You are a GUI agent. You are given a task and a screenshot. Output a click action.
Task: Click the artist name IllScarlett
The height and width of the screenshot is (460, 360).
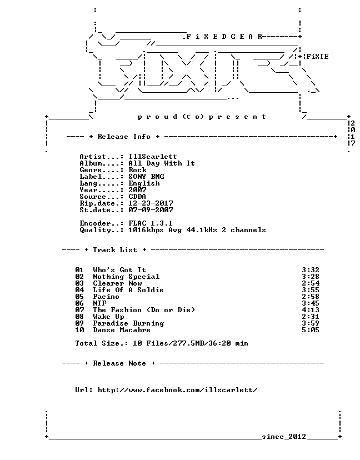[x=153, y=157]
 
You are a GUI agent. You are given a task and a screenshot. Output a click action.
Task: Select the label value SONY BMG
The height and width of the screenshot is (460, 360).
[x=146, y=177]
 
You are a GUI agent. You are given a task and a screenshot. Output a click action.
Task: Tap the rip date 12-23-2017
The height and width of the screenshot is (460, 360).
[x=151, y=203]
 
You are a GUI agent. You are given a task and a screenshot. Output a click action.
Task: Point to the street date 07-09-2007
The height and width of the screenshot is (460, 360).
[x=151, y=210]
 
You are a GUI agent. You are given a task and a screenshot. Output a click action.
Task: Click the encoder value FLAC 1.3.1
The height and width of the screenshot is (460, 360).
[x=151, y=223]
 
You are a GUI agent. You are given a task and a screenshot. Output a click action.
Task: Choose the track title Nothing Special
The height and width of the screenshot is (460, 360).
[x=126, y=277]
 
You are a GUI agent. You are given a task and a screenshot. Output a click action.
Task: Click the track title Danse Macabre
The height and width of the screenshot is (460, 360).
[x=122, y=330]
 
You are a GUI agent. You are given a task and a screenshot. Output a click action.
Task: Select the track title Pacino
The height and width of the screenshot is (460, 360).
[x=106, y=297]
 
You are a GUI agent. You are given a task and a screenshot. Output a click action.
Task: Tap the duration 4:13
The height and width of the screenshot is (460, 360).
[x=311, y=310]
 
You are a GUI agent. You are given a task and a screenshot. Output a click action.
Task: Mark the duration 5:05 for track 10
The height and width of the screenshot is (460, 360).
[x=311, y=330]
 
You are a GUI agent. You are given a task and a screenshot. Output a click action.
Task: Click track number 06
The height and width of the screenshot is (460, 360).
[x=79, y=303]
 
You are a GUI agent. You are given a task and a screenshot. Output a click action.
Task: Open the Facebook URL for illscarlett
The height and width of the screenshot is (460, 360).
[x=178, y=390]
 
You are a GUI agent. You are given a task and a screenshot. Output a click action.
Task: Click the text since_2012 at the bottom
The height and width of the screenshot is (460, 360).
[x=284, y=437]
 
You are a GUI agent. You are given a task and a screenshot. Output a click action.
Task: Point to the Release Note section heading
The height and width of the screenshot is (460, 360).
[x=119, y=363]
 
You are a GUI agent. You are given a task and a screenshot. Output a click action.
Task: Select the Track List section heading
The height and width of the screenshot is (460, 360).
[x=116, y=250]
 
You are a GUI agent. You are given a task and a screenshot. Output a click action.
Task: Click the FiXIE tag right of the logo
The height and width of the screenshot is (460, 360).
[x=317, y=57]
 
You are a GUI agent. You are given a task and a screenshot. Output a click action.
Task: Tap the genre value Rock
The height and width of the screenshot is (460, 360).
[x=137, y=170]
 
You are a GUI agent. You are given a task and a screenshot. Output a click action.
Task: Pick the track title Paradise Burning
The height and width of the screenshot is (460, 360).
[x=128, y=323]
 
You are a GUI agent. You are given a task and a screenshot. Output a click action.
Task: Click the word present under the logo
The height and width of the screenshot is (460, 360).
[x=238, y=117]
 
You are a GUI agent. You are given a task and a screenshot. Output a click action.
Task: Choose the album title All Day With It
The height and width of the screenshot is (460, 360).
[x=162, y=163]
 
